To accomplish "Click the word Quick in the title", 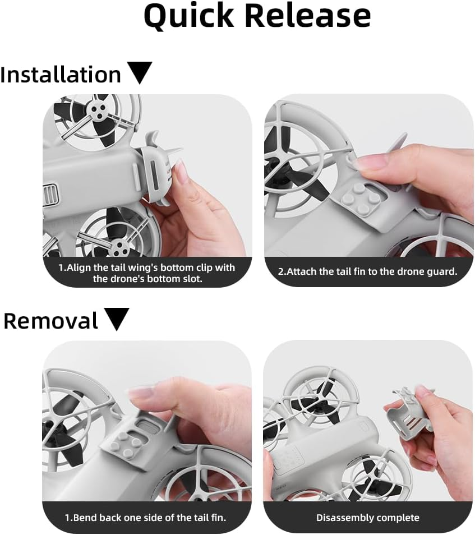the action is [188, 16].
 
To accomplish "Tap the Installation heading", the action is [61, 75].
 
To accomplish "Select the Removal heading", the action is [51, 321].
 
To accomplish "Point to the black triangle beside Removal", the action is [116, 319].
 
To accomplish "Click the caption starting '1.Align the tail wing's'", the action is [147, 273].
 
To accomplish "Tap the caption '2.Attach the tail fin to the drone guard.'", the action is [367, 271].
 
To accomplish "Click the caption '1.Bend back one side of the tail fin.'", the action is [145, 518].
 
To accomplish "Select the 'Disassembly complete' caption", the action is [367, 518].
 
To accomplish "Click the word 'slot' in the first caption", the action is [192, 279].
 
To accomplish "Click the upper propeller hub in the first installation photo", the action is [97, 111].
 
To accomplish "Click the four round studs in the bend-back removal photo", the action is [124, 445].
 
